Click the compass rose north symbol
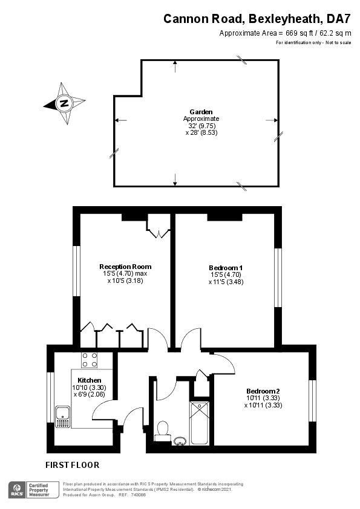pyautogui.click(x=64, y=103)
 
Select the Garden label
pyautogui.click(x=201, y=112)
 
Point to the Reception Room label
pyautogui.click(x=125, y=266)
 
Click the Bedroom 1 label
pyautogui.click(x=226, y=267)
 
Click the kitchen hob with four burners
pyautogui.click(x=90, y=360)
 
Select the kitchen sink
pyautogui.click(x=62, y=415)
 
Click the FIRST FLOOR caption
pyautogui.click(x=72, y=465)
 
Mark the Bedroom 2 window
pyautogui.click(x=312, y=401)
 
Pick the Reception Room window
pyautogui.click(x=77, y=270)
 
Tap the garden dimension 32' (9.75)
pyautogui.click(x=201, y=125)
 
